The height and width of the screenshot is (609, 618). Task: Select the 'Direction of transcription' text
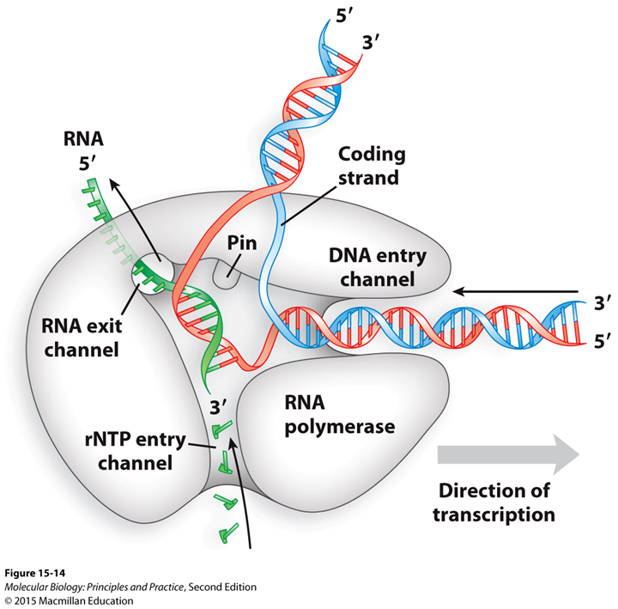(x=493, y=503)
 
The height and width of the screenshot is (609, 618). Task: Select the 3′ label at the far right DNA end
(x=602, y=303)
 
